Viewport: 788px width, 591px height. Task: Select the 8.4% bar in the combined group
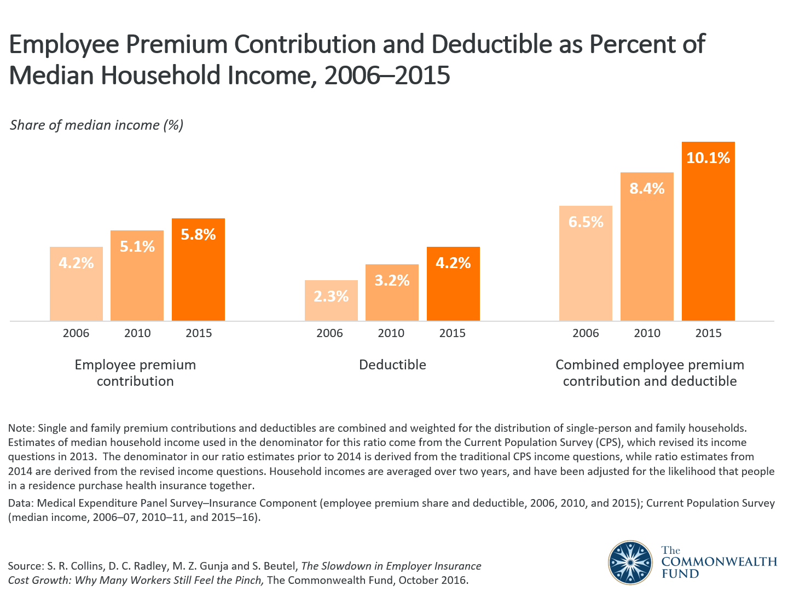click(647, 252)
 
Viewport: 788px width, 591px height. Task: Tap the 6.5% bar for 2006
click(586, 268)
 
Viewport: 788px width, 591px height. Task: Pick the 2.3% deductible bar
click(331, 304)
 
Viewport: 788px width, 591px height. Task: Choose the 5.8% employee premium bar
click(198, 274)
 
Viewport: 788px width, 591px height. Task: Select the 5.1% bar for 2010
click(137, 279)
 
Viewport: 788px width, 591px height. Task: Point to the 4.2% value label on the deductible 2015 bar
click(453, 263)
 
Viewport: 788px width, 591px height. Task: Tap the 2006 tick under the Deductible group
click(330, 333)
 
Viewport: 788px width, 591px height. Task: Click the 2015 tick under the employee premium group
click(199, 333)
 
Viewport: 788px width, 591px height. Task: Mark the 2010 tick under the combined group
click(647, 333)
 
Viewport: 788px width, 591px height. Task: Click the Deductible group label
click(392, 365)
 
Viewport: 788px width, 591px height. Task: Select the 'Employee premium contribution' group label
click(135, 373)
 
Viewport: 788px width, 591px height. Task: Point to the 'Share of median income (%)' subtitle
click(97, 125)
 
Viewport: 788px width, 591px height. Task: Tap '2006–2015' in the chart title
click(387, 76)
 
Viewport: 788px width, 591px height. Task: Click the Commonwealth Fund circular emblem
click(630, 563)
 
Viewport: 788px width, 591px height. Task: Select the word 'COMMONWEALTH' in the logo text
click(719, 562)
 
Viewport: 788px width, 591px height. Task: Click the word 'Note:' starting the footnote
click(21, 428)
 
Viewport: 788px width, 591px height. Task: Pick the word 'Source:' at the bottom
click(26, 566)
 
